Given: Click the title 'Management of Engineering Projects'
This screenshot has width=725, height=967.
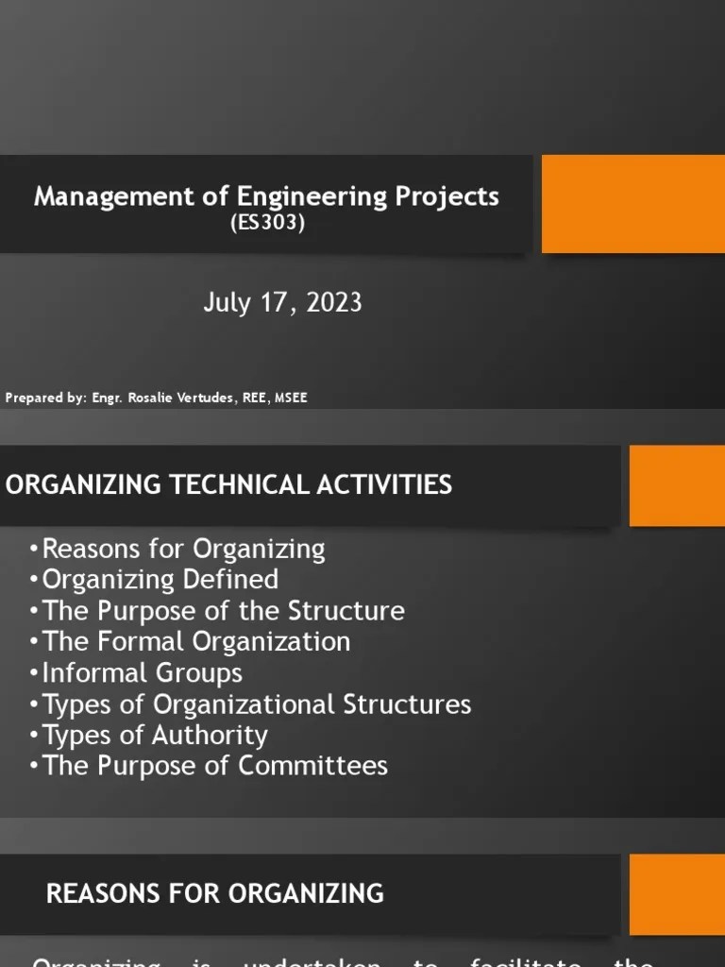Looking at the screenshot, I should (266, 196).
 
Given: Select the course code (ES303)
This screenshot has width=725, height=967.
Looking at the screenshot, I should (267, 225).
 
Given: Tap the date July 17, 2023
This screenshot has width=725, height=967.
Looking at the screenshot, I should (282, 302).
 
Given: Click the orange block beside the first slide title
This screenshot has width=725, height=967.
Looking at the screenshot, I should (632, 204).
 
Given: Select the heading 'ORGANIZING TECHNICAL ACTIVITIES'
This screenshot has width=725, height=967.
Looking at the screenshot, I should (229, 484).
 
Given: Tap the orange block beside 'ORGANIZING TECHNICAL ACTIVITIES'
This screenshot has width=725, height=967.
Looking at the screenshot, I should (677, 485).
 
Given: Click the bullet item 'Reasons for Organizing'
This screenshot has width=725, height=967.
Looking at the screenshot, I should (183, 549).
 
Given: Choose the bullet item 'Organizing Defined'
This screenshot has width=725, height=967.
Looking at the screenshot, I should (160, 579).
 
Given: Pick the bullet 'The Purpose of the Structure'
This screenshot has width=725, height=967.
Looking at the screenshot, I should (224, 610).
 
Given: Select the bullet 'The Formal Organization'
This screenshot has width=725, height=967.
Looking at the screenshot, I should (196, 641).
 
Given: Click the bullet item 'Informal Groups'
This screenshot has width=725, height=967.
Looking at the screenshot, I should (143, 672).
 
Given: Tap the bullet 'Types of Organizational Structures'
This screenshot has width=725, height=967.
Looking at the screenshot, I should (257, 704).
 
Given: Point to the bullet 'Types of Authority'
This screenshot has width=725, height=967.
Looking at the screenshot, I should (155, 735).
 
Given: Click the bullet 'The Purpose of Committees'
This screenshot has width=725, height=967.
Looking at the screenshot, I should (215, 765).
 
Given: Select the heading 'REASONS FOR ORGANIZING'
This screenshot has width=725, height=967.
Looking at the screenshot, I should (215, 893).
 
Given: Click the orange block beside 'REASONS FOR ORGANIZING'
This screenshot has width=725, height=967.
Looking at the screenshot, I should (677, 894).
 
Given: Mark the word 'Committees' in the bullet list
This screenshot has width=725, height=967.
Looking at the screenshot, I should (312, 765).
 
